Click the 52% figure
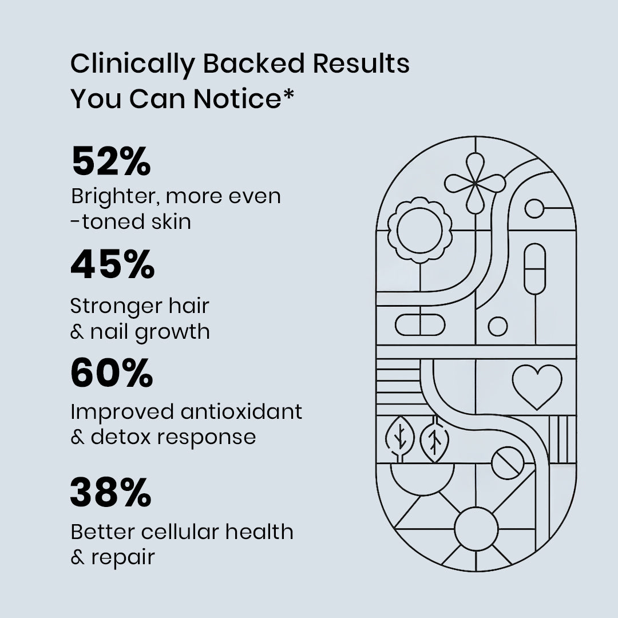tap(111, 161)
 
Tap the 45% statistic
tap(113, 265)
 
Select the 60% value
tap(112, 373)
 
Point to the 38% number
tap(111, 493)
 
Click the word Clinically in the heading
tap(132, 65)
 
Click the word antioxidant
tap(241, 411)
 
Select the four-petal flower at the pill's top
tap(475, 183)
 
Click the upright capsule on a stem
tap(534, 268)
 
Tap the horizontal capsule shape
tap(419, 325)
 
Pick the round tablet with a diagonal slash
tap(507, 463)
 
